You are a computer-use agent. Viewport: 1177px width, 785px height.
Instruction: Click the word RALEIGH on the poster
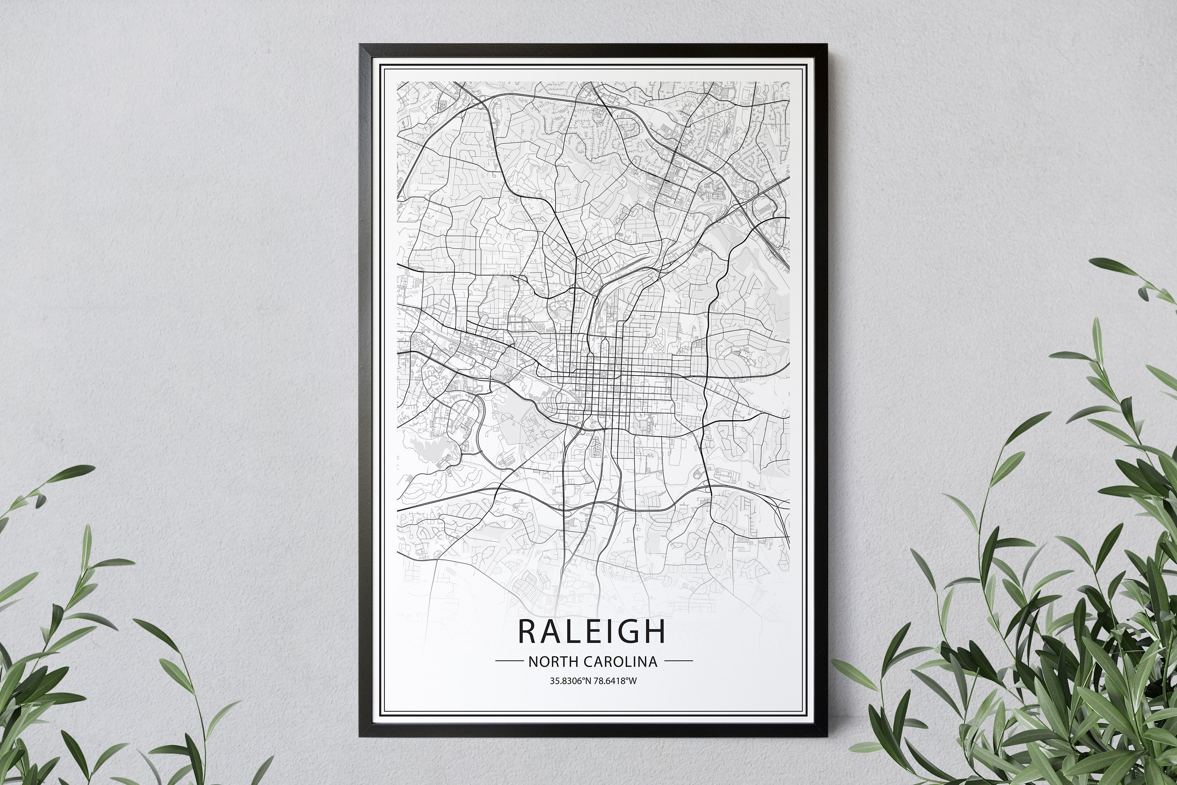[x=591, y=631]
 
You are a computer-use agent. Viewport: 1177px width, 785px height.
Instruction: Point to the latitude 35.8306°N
[x=570, y=681]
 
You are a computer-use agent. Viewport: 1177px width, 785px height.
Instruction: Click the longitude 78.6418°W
[x=615, y=681]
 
